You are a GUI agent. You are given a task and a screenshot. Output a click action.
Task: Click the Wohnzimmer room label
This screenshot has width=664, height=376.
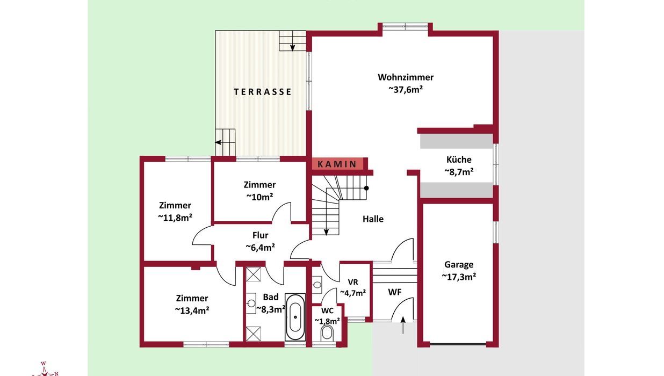pyautogui.click(x=406, y=77)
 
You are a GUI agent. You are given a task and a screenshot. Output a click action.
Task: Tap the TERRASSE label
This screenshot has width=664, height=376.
pyautogui.click(x=263, y=92)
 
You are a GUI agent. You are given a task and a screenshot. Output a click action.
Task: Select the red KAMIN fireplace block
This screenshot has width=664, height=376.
pyautogui.click(x=337, y=164)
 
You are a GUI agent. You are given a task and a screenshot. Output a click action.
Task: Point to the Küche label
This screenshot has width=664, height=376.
pyautogui.click(x=459, y=160)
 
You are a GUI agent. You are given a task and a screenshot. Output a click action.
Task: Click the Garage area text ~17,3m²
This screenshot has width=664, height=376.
pyautogui.click(x=459, y=277)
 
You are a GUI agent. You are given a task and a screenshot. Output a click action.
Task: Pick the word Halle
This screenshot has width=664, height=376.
pyautogui.click(x=373, y=219)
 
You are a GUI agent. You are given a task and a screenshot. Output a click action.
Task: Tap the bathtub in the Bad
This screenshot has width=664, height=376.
pyautogui.click(x=295, y=317)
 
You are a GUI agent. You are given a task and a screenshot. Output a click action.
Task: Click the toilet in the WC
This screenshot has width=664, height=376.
pyautogui.click(x=327, y=333)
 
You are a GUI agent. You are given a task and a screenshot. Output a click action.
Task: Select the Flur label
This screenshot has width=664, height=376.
pyautogui.click(x=260, y=235)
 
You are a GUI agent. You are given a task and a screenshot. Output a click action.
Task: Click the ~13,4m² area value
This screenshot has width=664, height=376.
pyautogui.click(x=192, y=310)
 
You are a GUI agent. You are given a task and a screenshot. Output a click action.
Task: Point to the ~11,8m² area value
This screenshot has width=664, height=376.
pyautogui.click(x=175, y=218)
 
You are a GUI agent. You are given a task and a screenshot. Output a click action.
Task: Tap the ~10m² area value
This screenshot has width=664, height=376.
pyautogui.click(x=259, y=197)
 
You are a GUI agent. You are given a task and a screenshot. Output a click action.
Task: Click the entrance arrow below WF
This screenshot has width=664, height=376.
pyautogui.click(x=403, y=326)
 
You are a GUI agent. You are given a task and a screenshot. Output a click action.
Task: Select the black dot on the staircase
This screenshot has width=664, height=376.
pyautogui.click(x=366, y=188)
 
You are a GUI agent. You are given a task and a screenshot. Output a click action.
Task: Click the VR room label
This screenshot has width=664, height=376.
pyautogui.click(x=353, y=282)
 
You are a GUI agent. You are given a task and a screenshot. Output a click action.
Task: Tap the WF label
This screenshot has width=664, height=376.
pyautogui.click(x=395, y=292)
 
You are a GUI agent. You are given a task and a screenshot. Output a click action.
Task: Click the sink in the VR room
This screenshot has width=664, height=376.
pyautogui.click(x=317, y=285)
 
